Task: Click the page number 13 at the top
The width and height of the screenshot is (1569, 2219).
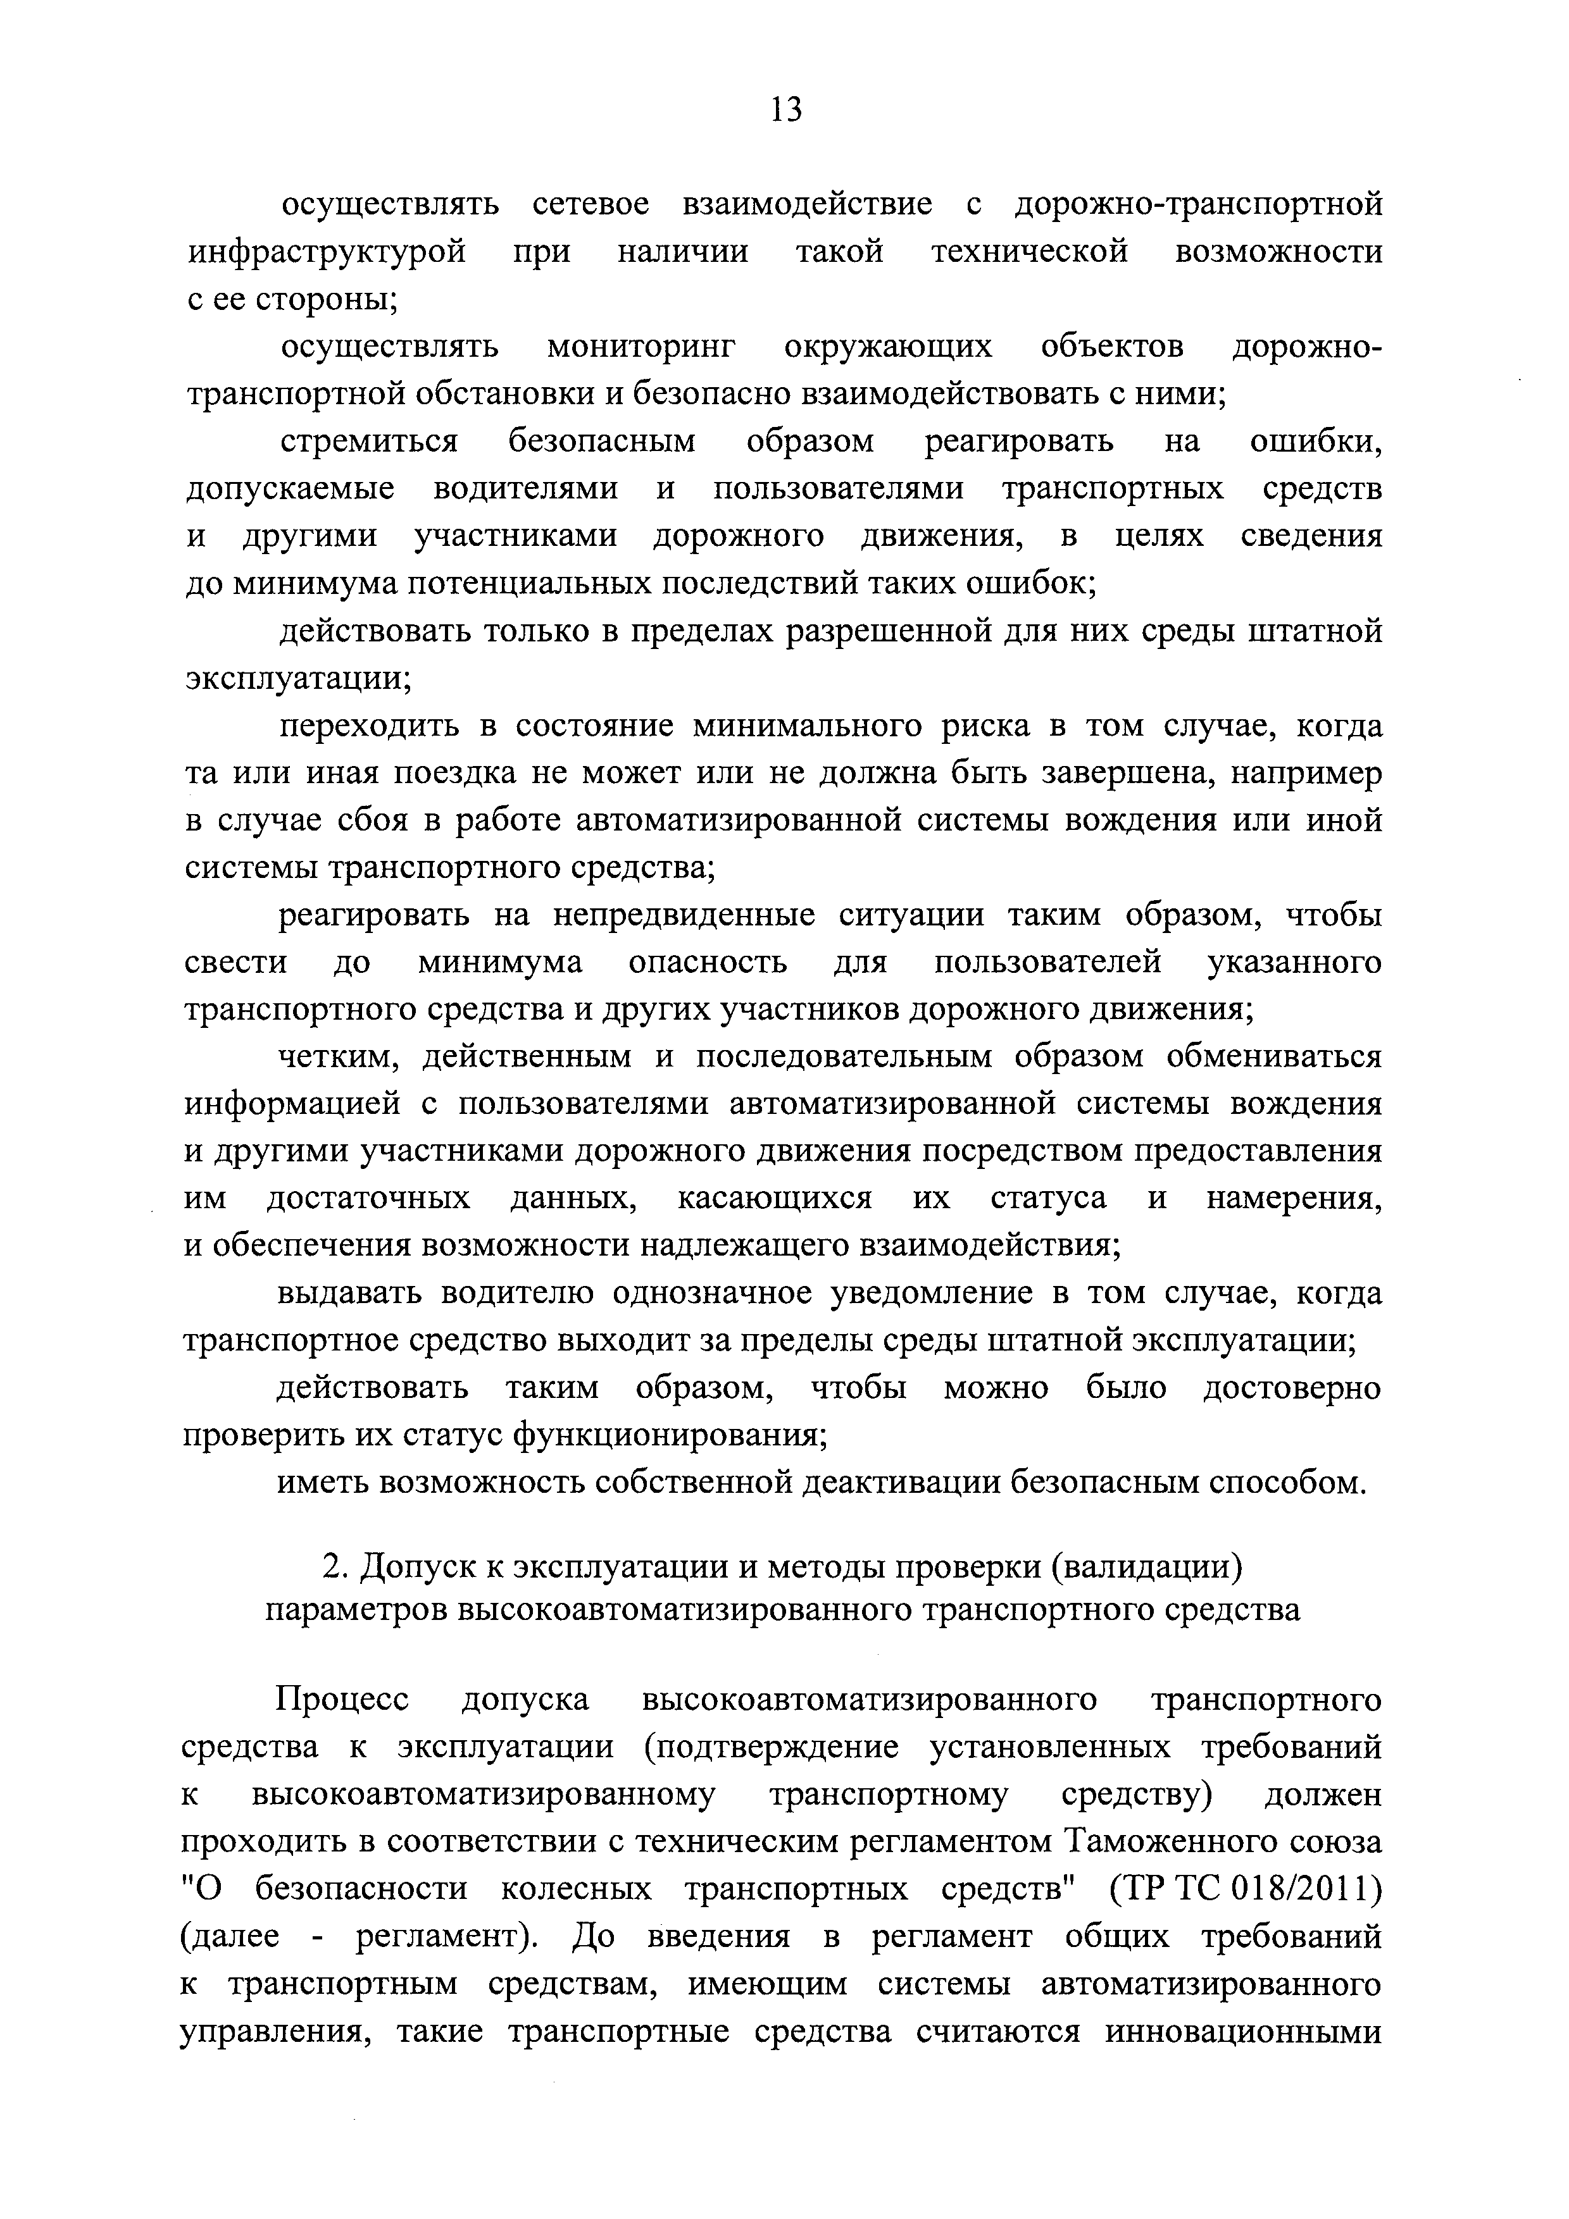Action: tap(786, 110)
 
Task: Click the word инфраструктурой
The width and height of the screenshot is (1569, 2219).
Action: tap(326, 252)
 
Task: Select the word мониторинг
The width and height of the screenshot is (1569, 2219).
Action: tap(641, 347)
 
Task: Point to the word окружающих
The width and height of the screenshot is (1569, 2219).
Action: tap(887, 347)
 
